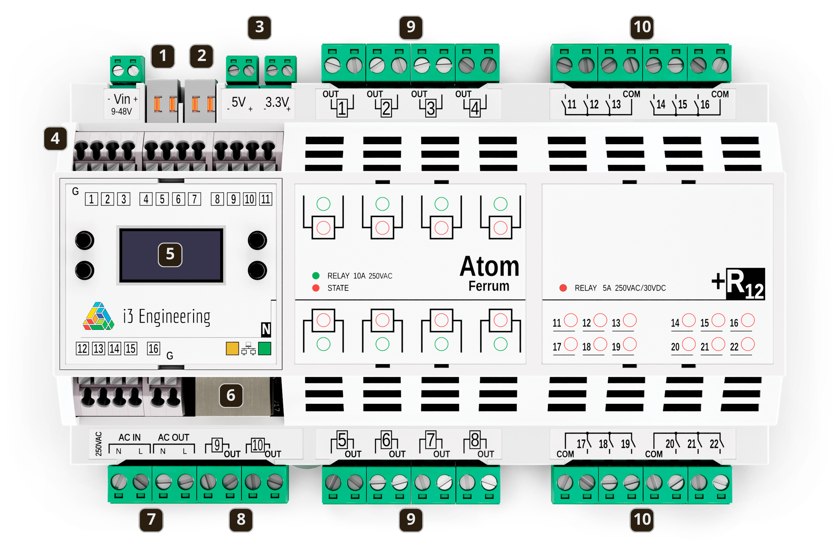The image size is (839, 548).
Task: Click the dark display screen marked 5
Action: tap(171, 255)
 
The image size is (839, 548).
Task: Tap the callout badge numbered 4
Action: tap(55, 139)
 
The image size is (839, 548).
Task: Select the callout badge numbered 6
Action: tap(231, 395)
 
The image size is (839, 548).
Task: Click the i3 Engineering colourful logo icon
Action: tap(99, 316)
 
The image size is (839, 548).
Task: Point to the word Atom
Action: tap(489, 267)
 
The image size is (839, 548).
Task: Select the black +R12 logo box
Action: tap(745, 284)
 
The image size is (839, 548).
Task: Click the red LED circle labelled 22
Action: tap(748, 344)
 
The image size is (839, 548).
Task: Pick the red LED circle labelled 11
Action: tap(571, 320)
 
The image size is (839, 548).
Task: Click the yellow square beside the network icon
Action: tap(232, 348)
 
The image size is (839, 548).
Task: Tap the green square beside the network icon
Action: tap(264, 348)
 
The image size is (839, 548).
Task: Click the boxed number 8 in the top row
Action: tap(217, 199)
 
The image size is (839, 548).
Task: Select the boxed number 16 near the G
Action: tap(153, 349)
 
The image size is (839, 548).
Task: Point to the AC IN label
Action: tap(130, 437)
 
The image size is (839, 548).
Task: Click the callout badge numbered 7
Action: tap(151, 520)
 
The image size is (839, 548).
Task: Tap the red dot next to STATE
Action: tap(316, 288)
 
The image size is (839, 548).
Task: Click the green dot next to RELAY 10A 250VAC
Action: tap(316, 276)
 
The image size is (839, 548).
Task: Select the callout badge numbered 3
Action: tap(260, 27)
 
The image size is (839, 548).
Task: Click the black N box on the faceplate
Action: tap(266, 329)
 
